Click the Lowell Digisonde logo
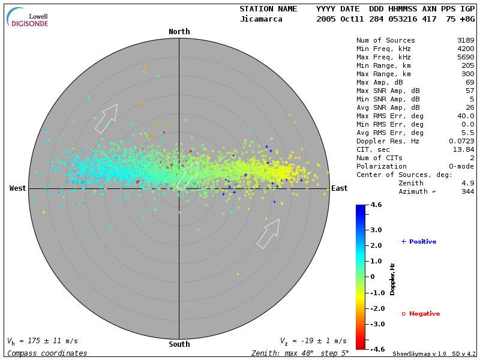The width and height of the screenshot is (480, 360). pyautogui.click(x=28, y=17)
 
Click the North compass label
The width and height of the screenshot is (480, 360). pyautogui.click(x=179, y=32)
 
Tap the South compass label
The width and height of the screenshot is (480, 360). pyautogui.click(x=179, y=344)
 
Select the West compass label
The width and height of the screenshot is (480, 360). pyautogui.click(x=18, y=188)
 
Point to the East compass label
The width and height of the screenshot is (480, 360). pyautogui.click(x=340, y=188)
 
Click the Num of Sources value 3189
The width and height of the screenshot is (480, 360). pyautogui.click(x=466, y=40)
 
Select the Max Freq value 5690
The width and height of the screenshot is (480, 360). pyautogui.click(x=466, y=57)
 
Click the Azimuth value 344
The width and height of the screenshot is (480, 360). pyautogui.click(x=468, y=191)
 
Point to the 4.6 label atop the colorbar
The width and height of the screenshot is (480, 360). pyautogui.click(x=376, y=205)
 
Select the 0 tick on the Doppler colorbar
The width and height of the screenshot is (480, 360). pyautogui.click(x=373, y=277)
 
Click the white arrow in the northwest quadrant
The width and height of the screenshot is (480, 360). pyautogui.click(x=106, y=118)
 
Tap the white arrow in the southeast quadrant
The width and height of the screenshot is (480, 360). pyautogui.click(x=268, y=233)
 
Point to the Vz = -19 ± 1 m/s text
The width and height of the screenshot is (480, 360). pyautogui.click(x=313, y=341)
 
